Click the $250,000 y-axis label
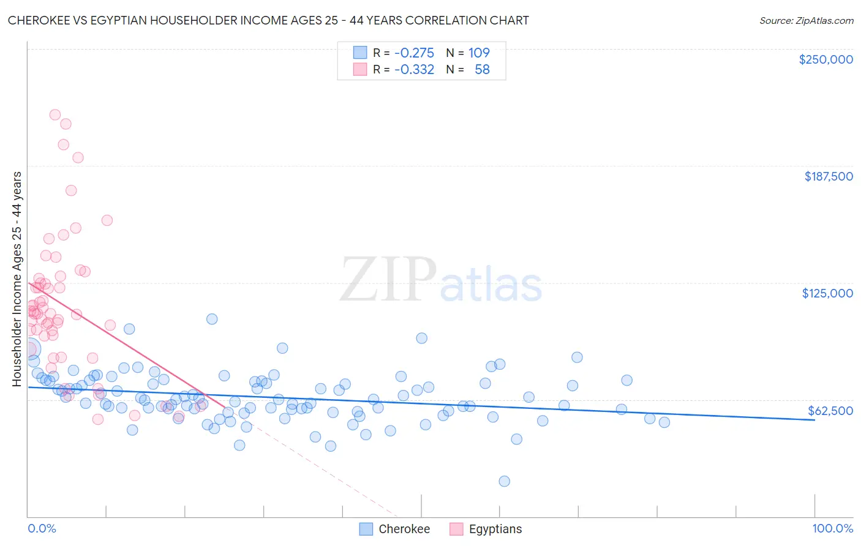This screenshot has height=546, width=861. point(825,59)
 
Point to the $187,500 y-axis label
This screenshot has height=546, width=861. point(828,176)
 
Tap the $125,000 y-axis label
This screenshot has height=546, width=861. point(827,293)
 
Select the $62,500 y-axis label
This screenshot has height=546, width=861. point(830,411)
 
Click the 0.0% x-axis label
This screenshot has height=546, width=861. point(42,529)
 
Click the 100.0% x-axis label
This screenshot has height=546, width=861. point(832,529)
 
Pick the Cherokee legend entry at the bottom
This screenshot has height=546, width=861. point(404,529)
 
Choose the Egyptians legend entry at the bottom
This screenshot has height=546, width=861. point(495,529)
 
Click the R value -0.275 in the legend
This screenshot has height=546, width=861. point(414,53)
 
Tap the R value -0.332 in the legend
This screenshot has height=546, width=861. point(414,70)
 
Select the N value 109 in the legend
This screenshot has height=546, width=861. point(479,53)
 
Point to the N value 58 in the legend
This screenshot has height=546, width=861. point(482,70)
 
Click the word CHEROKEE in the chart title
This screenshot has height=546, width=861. point(36,20)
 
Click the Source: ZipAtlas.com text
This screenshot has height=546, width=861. point(806,20)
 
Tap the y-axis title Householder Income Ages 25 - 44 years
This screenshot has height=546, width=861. point(17,279)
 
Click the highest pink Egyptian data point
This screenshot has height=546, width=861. point(55,114)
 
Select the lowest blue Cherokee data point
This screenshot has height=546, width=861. point(504,481)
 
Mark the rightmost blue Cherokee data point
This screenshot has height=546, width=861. point(664,422)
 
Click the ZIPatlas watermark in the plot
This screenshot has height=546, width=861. point(441,280)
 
